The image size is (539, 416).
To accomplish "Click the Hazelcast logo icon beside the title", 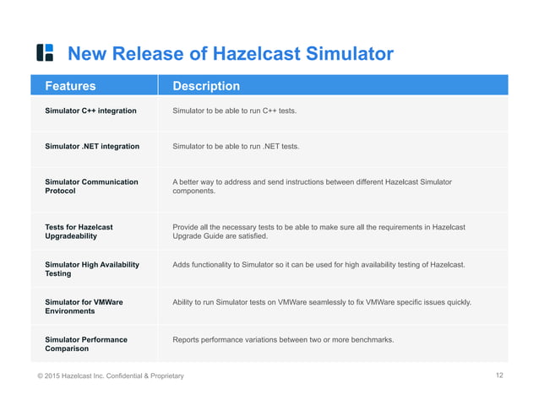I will coord(45,53).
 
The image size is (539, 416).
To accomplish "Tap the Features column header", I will coord(70,85).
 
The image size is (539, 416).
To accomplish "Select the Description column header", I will coord(206,85).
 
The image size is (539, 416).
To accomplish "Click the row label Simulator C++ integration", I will coord(90,111).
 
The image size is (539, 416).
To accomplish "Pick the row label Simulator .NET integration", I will coord(92,146).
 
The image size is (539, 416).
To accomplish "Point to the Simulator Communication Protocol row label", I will coord(91,186).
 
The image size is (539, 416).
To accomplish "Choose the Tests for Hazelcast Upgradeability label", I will coord(79,232).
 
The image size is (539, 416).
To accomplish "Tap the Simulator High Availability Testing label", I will coord(91,269).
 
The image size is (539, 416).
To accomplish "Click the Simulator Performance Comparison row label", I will coord(86,343).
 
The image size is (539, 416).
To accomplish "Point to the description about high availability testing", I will coord(318,265).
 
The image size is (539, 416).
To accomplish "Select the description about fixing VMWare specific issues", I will coord(322,302).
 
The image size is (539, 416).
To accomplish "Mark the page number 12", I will coord(499,375).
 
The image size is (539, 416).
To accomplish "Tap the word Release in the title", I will coord(151,54).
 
